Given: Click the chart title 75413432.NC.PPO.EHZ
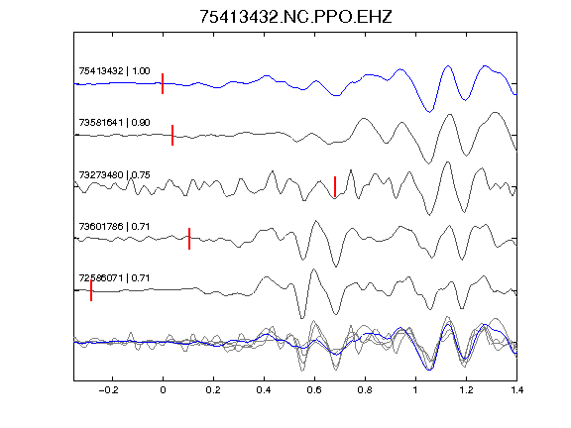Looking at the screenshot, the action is point(295,17).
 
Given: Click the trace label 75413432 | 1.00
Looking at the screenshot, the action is point(114,70).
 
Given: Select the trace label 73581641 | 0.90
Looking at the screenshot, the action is point(114,122).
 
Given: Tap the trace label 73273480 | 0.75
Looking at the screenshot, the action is point(114,175).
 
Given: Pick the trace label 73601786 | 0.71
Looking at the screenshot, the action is point(114,226).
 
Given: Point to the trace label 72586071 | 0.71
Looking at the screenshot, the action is point(114,278).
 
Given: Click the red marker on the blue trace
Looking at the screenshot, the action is point(163,83).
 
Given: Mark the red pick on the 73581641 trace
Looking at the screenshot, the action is point(172,135).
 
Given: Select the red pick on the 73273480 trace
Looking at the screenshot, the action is point(335,186).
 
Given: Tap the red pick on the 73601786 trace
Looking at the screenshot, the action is point(189,239).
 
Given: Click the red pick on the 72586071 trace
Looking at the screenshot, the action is point(91,290).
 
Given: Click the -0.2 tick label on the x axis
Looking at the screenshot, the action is point(109,390).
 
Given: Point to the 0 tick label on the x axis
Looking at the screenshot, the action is point(163,390).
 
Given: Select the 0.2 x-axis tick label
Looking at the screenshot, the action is point(213,390).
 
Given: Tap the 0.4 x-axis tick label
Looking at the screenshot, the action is point(264,390).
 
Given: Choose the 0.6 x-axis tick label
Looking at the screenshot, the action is point(314,390).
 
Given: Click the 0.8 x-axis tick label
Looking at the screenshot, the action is point(365,390).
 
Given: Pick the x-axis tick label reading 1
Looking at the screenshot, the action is point(415,390).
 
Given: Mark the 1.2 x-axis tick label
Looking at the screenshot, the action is point(466,390).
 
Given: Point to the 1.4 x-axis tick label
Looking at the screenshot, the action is point(516,390).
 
